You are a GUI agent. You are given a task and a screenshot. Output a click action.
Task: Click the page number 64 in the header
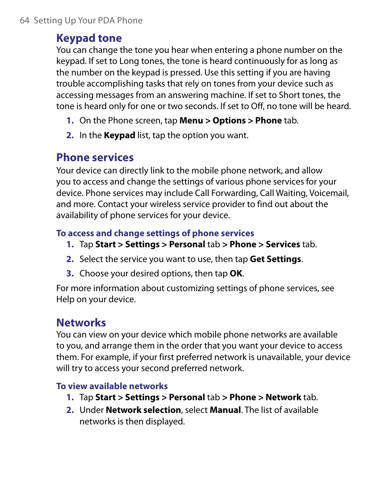(24, 21)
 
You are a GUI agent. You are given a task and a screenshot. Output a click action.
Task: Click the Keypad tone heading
(89, 38)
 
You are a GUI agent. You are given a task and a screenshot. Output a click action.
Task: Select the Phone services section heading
(95, 157)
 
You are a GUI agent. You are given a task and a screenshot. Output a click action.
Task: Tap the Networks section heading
(81, 322)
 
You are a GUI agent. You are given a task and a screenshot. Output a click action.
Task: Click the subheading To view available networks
(112, 386)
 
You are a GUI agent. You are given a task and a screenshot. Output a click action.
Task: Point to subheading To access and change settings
(155, 233)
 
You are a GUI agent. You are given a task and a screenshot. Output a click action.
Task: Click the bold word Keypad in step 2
(119, 135)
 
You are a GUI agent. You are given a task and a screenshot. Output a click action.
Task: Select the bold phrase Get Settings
(275, 259)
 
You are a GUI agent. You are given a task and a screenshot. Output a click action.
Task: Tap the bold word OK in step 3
(236, 274)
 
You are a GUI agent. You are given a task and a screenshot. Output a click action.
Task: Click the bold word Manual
(225, 410)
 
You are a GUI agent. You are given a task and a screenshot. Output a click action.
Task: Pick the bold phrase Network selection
(143, 410)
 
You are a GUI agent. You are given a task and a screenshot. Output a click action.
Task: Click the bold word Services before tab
(283, 244)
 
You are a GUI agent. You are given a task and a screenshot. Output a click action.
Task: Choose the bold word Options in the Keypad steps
(229, 121)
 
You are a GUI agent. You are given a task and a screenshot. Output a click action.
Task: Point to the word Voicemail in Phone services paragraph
(329, 193)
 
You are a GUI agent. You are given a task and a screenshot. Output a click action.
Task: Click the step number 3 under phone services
(70, 274)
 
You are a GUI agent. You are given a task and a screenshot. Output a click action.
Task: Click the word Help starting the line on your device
(65, 299)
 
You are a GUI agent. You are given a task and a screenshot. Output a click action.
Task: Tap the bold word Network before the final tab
(283, 397)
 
